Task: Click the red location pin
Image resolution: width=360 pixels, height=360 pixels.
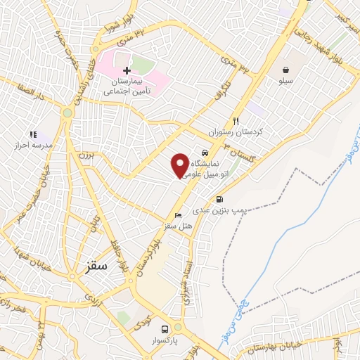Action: point(180,165)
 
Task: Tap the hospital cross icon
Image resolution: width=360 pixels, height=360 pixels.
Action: point(127,71)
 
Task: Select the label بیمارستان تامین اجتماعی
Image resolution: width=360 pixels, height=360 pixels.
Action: point(127,86)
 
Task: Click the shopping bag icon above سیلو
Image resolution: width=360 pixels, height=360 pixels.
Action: point(288,70)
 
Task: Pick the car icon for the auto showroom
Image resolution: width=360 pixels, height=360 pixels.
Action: point(205,153)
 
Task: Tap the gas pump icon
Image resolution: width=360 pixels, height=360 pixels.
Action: point(220,200)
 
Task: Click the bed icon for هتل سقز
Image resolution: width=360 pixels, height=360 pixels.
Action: point(177,215)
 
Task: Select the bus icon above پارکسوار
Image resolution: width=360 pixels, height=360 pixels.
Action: point(165,328)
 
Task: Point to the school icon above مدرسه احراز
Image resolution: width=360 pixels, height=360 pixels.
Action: point(32,134)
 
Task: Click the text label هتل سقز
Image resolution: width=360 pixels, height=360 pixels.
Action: point(179,226)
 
